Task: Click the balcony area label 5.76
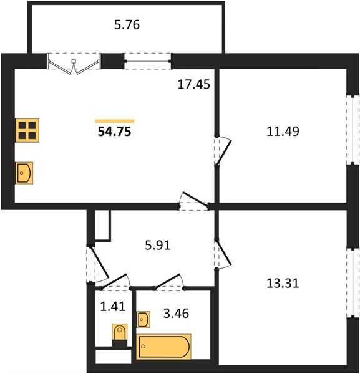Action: point(127,25)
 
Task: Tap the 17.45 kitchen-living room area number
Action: point(194,84)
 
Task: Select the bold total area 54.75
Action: point(115,131)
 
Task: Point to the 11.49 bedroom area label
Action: point(283,131)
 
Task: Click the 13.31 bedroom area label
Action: point(283,284)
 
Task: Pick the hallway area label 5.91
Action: point(158,245)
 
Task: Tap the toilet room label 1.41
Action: point(113,307)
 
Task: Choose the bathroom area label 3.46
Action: point(176,313)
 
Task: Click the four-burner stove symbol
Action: point(27,130)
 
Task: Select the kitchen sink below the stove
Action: point(24,173)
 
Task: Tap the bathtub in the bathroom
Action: point(163,347)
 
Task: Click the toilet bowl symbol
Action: point(120,332)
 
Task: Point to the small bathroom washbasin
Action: point(144,319)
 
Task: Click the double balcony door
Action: point(74,64)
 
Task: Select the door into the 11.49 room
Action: point(223,150)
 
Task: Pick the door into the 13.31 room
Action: point(223,254)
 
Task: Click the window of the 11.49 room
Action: point(353,130)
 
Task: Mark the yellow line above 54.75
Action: point(115,121)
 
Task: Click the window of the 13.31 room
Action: point(353,282)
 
